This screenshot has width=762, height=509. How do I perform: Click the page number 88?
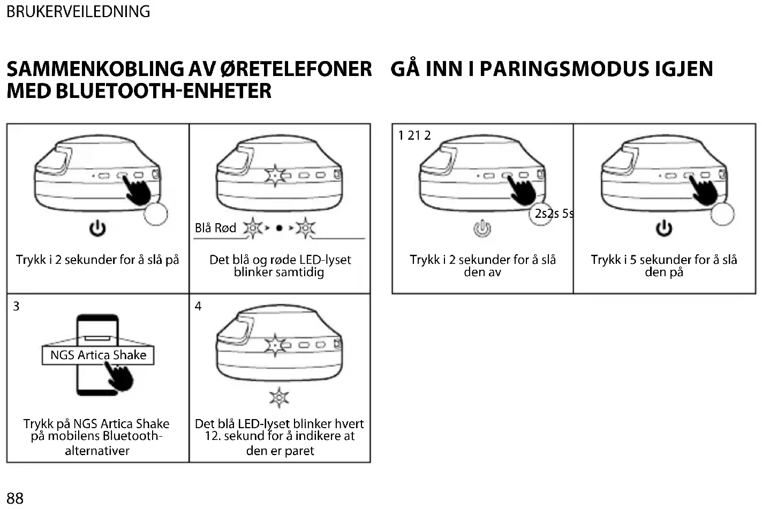(15, 498)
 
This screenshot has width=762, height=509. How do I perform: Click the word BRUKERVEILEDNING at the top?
(78, 11)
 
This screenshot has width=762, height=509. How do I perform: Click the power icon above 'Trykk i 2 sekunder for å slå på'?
(97, 229)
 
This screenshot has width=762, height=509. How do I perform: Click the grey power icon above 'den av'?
(482, 229)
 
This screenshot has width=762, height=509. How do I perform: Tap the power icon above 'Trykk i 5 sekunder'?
(664, 229)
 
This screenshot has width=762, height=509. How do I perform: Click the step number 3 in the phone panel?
(16, 306)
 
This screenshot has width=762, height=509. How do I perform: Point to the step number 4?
(198, 306)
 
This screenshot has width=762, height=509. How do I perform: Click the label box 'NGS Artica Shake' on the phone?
(98, 355)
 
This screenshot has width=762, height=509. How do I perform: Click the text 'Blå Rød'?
(215, 228)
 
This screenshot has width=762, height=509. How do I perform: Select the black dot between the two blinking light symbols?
(279, 228)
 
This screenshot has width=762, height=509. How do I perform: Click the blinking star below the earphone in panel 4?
(279, 398)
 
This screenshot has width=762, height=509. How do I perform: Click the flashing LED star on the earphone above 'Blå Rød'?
(275, 175)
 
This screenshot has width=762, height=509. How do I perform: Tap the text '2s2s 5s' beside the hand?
(554, 214)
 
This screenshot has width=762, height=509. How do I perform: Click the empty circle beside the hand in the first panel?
(156, 214)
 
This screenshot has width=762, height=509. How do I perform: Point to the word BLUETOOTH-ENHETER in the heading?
(163, 91)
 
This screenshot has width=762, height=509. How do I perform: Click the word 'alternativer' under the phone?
(97, 451)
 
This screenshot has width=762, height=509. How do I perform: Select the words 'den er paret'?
(280, 451)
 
